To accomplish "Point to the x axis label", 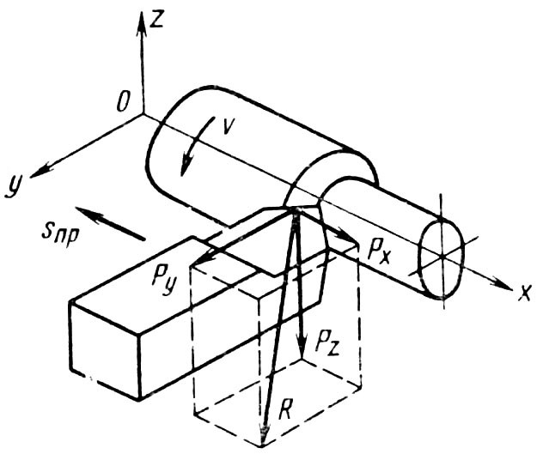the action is tap(523, 293).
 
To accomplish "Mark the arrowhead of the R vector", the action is tap(264, 433).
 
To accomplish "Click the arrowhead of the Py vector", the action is tap(196, 263).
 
